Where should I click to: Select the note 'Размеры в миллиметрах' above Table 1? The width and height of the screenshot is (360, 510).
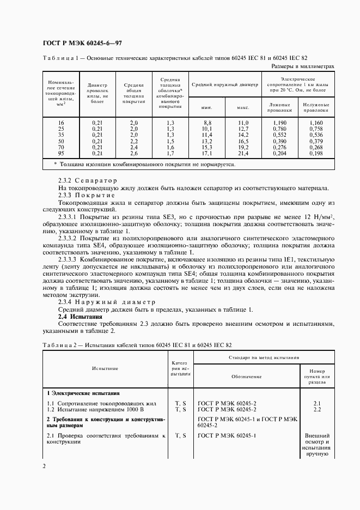tap(302, 66)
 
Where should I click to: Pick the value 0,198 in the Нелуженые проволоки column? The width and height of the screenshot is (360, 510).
tap(316, 154)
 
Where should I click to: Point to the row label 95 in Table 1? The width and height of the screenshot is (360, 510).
tap(61, 154)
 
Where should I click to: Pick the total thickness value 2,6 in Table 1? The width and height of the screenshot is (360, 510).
tap(133, 154)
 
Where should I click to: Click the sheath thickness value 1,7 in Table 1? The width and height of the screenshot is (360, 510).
tap(170, 154)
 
